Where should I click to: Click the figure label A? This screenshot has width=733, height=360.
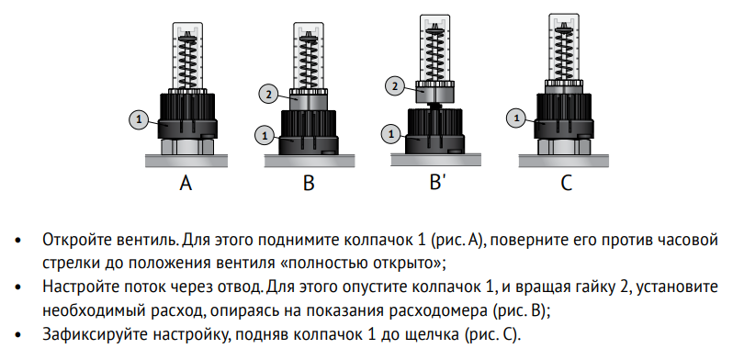(x=186, y=183)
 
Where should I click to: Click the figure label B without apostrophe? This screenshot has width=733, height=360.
(x=309, y=183)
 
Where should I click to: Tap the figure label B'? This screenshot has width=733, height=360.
(x=435, y=182)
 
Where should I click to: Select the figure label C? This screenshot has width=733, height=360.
(x=566, y=183)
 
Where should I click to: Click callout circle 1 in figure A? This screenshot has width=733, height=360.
(x=139, y=120)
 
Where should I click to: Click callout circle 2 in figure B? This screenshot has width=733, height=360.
(x=268, y=95)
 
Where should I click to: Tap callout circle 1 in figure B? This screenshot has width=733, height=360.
(x=265, y=136)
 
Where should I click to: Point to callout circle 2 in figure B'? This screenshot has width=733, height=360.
(x=395, y=86)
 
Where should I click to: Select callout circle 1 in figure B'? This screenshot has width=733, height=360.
(x=391, y=135)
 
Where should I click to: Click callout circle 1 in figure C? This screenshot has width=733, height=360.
(x=516, y=118)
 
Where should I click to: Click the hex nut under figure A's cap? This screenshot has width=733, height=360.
(x=187, y=146)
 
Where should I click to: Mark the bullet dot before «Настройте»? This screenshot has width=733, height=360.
(x=17, y=287)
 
